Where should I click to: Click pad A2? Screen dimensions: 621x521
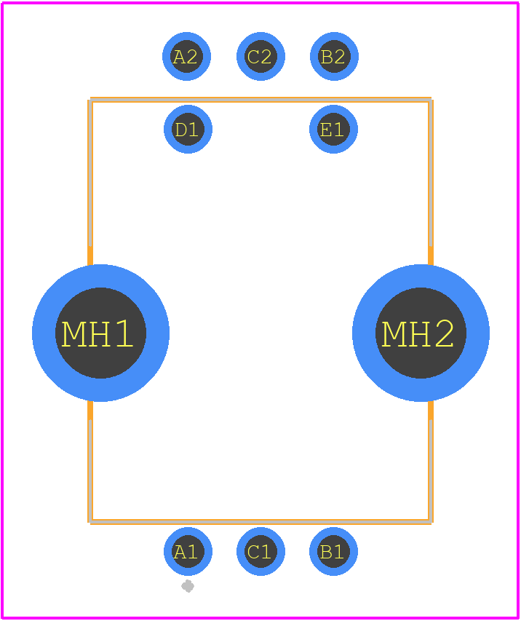[x=187, y=56]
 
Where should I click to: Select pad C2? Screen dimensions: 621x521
[x=260, y=56]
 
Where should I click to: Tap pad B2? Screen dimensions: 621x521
[x=334, y=56]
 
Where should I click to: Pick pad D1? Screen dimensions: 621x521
[x=188, y=130]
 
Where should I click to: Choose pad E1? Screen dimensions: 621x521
[x=333, y=130]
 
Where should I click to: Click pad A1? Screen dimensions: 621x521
[x=188, y=552]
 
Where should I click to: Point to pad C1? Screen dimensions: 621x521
[x=260, y=552]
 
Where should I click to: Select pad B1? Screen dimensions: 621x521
[x=333, y=552]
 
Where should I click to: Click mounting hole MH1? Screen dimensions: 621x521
[x=100, y=333]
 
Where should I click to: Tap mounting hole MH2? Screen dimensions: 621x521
[x=421, y=333]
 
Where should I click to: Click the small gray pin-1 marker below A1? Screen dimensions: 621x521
[x=188, y=586]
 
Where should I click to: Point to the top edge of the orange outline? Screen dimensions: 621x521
[x=260, y=100]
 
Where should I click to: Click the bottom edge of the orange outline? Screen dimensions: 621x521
[x=260, y=521]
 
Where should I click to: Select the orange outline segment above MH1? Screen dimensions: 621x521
[x=90, y=182]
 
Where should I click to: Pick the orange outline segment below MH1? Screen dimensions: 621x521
[x=90, y=466]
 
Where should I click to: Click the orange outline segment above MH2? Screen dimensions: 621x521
[x=431, y=182]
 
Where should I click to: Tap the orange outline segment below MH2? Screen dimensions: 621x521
[x=431, y=466]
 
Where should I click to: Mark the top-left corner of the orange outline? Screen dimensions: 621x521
[x=90, y=100]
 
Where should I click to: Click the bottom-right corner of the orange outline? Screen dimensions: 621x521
[x=431, y=521]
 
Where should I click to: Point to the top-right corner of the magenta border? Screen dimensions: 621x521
[x=517, y=3]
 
